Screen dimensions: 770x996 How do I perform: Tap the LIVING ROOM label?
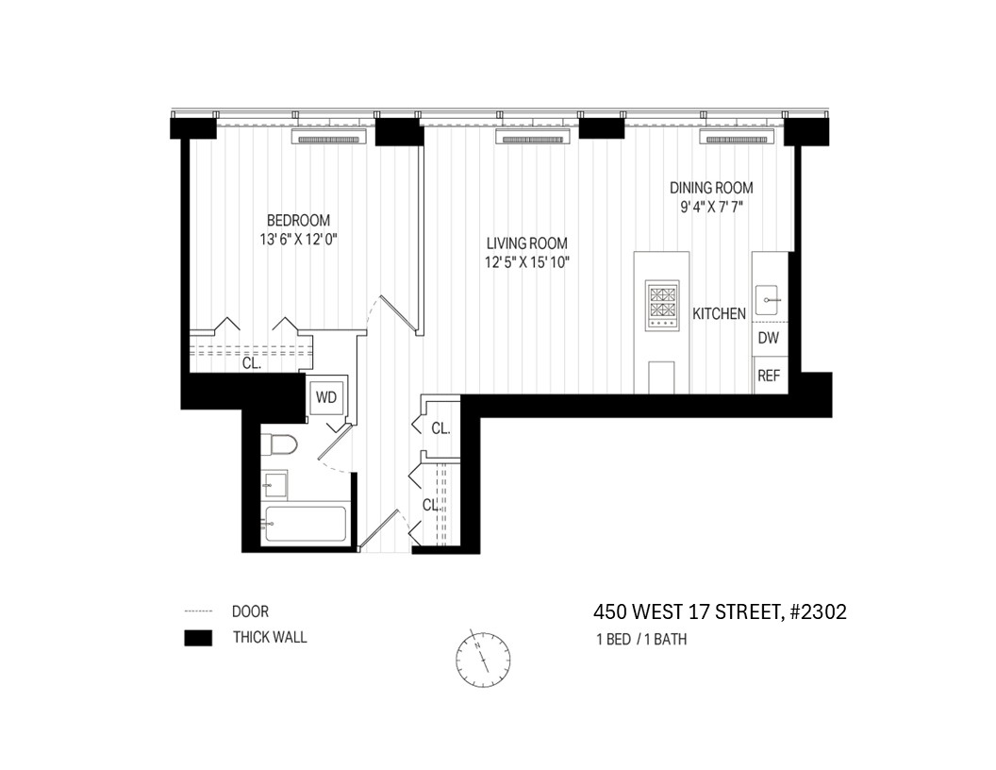point(527,243)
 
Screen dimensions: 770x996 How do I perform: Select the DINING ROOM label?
point(711,188)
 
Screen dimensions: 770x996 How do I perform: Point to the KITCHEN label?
point(720,313)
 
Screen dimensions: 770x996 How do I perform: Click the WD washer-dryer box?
point(325,397)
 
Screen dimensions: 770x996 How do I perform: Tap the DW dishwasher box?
point(769,338)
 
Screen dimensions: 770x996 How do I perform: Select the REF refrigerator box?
point(769,375)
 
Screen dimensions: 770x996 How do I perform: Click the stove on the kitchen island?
point(661,304)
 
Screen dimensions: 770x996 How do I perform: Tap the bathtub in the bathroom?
point(305,525)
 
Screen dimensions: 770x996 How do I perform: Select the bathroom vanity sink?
point(276,485)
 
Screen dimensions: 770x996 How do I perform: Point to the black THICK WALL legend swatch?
point(197,638)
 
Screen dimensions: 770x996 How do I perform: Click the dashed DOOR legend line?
point(197,611)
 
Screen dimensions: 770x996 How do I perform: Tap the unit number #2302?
point(818,611)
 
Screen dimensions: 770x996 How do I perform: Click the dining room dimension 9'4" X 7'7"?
point(711,207)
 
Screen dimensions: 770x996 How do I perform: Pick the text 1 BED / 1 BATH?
point(641,639)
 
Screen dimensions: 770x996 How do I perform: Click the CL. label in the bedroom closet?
point(251,361)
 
